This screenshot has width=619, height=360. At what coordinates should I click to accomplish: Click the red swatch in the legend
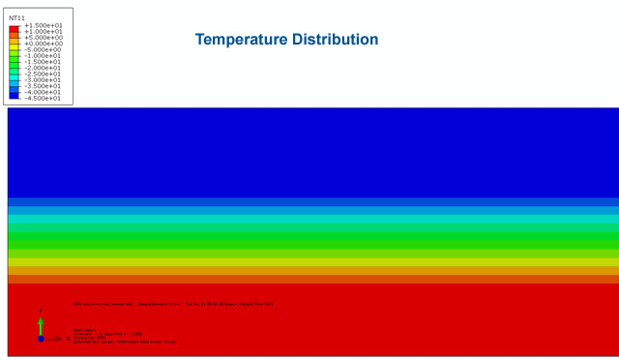point(14,28)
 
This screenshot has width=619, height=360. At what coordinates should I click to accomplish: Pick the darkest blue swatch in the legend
point(14,95)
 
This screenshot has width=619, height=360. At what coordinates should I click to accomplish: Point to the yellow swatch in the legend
point(14,46)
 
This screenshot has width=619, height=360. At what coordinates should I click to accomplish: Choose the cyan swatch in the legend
point(14,76)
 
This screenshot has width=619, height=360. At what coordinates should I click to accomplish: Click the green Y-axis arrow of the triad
point(41,323)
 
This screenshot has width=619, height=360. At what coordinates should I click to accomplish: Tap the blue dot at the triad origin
point(41,339)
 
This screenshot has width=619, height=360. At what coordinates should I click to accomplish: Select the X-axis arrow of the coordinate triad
point(54,339)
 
